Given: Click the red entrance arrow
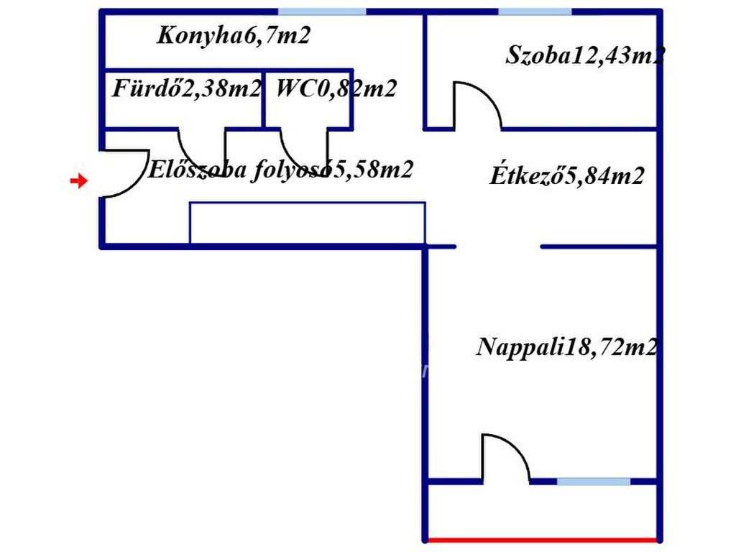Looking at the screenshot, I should (78, 181).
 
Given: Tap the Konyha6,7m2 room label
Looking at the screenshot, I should (234, 35).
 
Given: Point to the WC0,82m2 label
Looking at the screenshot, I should (336, 89).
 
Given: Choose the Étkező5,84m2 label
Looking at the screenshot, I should (566, 175).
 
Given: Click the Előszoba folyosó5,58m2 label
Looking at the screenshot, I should (280, 170).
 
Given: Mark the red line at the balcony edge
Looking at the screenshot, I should (543, 540).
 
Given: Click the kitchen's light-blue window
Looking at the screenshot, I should (321, 11).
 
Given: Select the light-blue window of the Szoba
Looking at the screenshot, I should (535, 11).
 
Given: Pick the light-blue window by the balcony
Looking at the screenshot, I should (594, 481).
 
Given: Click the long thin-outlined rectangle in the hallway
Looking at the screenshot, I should (307, 224).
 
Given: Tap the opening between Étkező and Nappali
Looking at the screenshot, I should (498, 247).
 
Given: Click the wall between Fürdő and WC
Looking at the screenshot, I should (264, 100).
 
